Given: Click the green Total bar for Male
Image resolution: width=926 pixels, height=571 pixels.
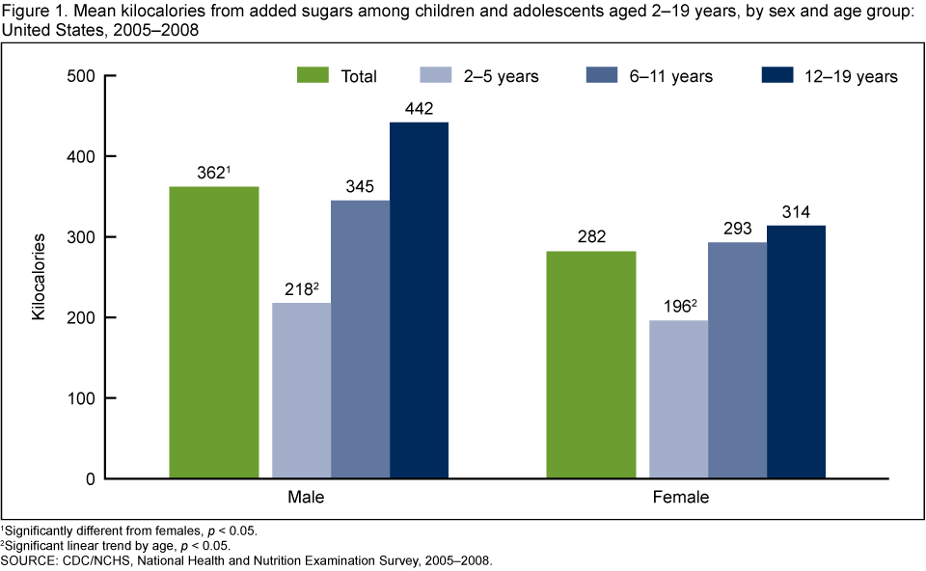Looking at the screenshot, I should pos(214,332).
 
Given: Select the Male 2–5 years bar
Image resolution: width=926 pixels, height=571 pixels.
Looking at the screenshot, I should pos(301,391).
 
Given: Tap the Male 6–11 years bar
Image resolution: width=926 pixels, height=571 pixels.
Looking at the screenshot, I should pos(361,340).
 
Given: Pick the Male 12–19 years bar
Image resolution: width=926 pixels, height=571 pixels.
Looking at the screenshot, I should pos(419,300).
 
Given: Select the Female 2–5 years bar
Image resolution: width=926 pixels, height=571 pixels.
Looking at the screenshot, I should pos(678,399).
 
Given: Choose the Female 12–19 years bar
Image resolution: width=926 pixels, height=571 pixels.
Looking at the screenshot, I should pos(796,352).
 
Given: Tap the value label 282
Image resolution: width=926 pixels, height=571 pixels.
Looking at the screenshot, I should pos(591,238).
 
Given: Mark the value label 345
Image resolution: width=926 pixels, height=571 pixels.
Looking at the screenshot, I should pos(361,188).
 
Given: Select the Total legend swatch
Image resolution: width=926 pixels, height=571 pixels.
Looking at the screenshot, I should pos(313,75).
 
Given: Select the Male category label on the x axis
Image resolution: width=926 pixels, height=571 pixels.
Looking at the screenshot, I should pos(305,499).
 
